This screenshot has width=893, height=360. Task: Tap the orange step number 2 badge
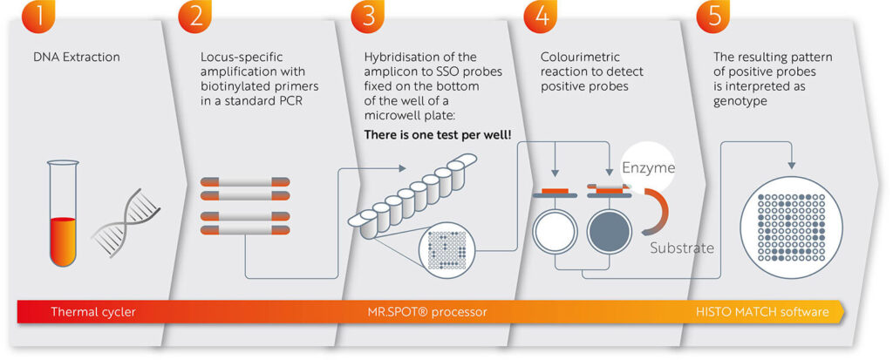tap(195, 13)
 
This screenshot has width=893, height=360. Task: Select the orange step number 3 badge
tap(368, 13)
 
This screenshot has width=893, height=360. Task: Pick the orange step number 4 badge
tap(542, 13)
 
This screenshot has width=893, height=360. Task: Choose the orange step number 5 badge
tap(714, 13)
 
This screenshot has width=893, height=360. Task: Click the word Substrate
tap(682, 248)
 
